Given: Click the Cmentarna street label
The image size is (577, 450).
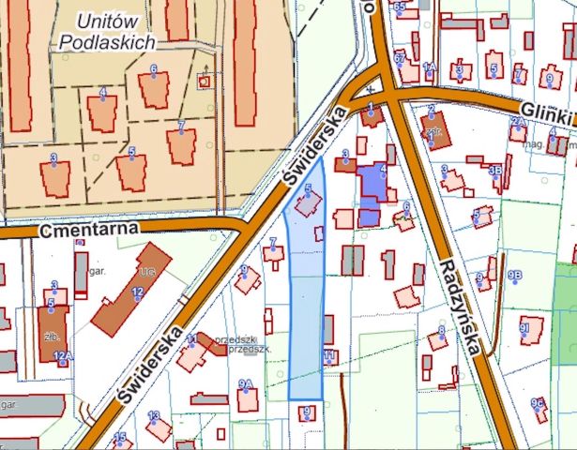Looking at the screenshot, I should [89, 229].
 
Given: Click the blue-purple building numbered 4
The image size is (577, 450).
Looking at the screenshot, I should [376, 181].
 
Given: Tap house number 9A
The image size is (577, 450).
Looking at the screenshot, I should [247, 396].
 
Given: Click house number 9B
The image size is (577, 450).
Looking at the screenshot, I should [514, 275].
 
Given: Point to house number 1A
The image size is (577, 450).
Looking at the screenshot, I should [430, 67].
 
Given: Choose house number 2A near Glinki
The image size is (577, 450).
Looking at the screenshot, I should [517, 123].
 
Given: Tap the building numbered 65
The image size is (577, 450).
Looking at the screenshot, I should [401, 9].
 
